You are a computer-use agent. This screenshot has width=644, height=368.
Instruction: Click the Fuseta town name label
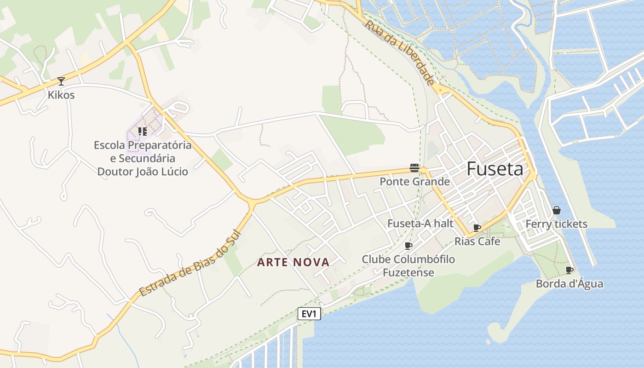pos(495,169)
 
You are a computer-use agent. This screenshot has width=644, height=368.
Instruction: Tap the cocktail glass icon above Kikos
pos(61,81)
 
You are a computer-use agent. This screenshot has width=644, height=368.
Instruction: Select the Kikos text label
pos(61,95)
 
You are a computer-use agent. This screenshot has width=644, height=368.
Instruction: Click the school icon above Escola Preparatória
pos(143,132)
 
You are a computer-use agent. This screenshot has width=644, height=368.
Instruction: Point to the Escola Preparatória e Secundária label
pos(143,158)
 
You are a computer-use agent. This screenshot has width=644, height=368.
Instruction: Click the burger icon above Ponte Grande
pos(414,168)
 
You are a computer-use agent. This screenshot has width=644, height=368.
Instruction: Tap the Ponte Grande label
pos(414,182)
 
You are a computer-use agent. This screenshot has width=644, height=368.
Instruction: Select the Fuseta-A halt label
pos(420,224)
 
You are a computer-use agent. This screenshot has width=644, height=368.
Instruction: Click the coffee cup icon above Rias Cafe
pos(477,228)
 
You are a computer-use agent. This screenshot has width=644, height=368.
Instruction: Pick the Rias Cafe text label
pos(477,241)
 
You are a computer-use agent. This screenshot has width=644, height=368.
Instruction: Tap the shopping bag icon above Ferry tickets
pos(557,210)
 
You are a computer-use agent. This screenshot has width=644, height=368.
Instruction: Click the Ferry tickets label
pos(557,224)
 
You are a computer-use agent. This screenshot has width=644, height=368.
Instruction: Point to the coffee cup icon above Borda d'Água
pos(569,270)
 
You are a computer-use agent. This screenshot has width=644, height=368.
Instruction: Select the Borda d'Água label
pos(569,283)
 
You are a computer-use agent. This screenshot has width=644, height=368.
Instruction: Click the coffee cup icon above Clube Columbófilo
pos(408,246)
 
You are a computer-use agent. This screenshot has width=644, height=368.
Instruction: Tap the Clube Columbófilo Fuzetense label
pos(408,266)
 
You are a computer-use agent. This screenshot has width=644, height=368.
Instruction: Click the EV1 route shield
pos(309,314)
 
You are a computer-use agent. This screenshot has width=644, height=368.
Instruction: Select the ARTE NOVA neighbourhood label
pos(293,263)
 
